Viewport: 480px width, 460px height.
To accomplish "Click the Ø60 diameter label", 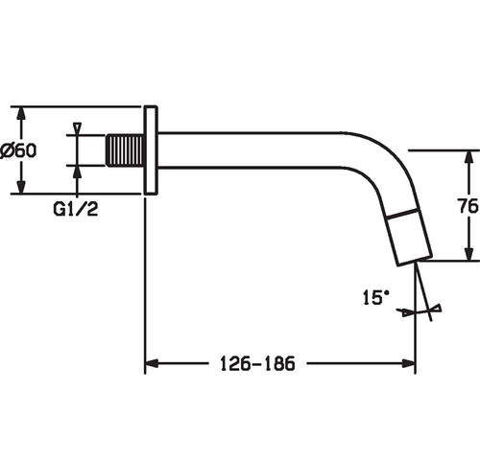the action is coord(18,150).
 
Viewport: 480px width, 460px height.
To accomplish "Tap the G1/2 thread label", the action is coord(76,209).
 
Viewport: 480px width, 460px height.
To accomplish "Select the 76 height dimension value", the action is coord(468,206).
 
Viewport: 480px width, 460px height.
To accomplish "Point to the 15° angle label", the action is coord(376,297).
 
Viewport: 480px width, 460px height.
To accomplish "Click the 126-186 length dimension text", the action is coord(257,363).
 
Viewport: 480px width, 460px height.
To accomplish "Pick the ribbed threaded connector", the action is coord(125,150).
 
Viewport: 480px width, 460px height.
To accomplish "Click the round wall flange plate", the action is coord(151,150).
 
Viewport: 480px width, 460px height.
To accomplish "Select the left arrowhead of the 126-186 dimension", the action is coord(152,363).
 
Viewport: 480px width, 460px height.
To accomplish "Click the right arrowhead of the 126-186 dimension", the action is coord(409,363).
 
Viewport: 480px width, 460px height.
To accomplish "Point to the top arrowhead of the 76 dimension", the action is coord(468,157).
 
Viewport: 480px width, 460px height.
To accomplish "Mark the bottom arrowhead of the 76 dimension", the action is coord(468,253).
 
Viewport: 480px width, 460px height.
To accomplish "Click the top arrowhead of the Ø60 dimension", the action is coord(21,114).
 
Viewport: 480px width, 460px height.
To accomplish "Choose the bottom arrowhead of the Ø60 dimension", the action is coord(21,187).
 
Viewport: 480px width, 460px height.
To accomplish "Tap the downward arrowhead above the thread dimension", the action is coord(77,128).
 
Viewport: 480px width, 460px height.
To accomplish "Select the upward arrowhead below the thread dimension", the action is coord(77,172).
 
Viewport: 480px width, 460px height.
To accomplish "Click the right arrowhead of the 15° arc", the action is coord(436,309).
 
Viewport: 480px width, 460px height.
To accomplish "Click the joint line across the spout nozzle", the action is coord(402,214).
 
